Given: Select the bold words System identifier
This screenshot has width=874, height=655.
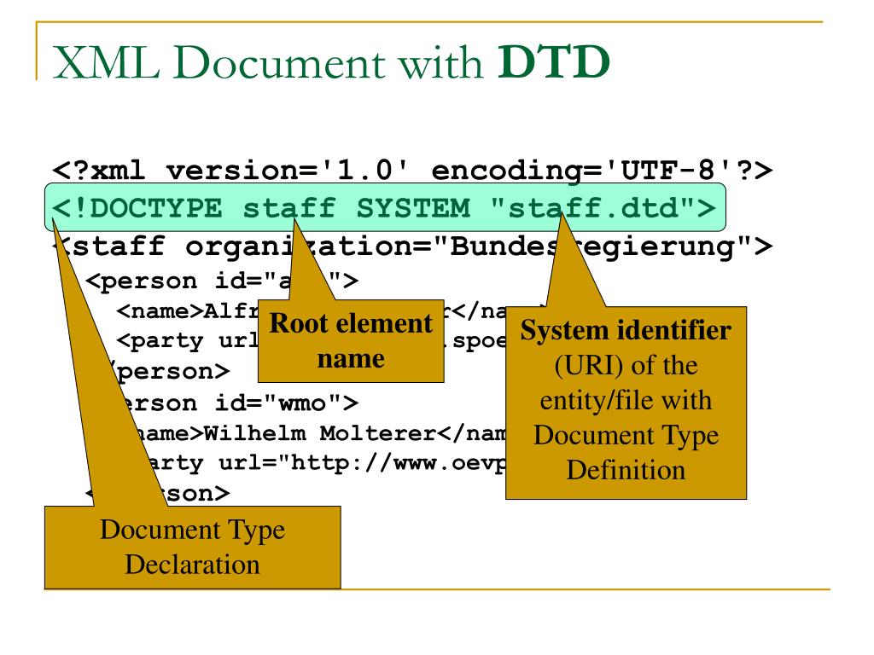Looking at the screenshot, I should point(626,331).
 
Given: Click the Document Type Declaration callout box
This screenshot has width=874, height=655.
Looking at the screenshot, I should point(192,547).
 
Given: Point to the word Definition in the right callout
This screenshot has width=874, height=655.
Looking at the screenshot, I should point(626,469).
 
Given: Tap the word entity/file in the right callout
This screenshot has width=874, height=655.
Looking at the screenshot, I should point(626,400).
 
